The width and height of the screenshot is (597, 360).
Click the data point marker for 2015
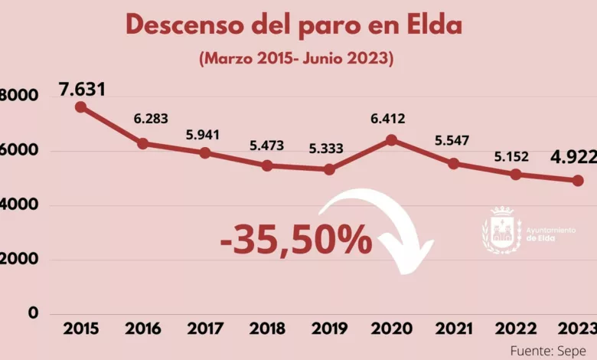tap(80, 107)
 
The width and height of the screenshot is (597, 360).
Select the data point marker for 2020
tap(391, 140)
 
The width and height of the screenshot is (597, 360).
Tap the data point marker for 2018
tap(266, 165)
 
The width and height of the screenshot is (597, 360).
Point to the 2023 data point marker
tap(578, 181)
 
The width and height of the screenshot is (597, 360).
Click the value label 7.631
tap(82, 90)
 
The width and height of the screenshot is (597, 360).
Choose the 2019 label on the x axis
tap(328, 329)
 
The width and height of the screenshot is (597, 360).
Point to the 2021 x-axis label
tap(453, 329)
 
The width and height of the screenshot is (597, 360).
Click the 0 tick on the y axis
tap(33, 313)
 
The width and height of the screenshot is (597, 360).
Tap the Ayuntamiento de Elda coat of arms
tap(501, 230)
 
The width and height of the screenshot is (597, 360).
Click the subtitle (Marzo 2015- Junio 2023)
tap(295, 58)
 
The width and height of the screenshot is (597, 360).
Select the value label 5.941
tap(203, 135)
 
